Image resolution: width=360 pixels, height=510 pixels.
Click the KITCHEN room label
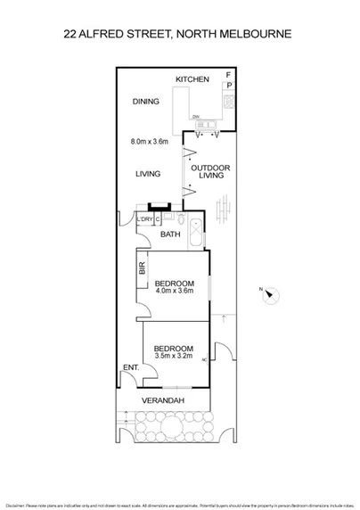coord(192,80)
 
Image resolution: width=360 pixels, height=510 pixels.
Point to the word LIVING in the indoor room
coord(147,175)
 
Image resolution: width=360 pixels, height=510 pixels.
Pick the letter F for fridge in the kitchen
coord(229,74)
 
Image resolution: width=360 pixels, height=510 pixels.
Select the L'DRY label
coord(144,218)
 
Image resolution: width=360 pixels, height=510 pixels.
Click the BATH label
coord(170,234)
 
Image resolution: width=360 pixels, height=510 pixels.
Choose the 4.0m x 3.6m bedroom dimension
coord(174,290)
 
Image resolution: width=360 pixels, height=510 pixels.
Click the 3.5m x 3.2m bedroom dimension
coord(174,355)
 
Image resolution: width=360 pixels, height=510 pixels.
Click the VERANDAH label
coord(166,401)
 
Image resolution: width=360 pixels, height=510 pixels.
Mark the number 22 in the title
coord(72,35)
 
